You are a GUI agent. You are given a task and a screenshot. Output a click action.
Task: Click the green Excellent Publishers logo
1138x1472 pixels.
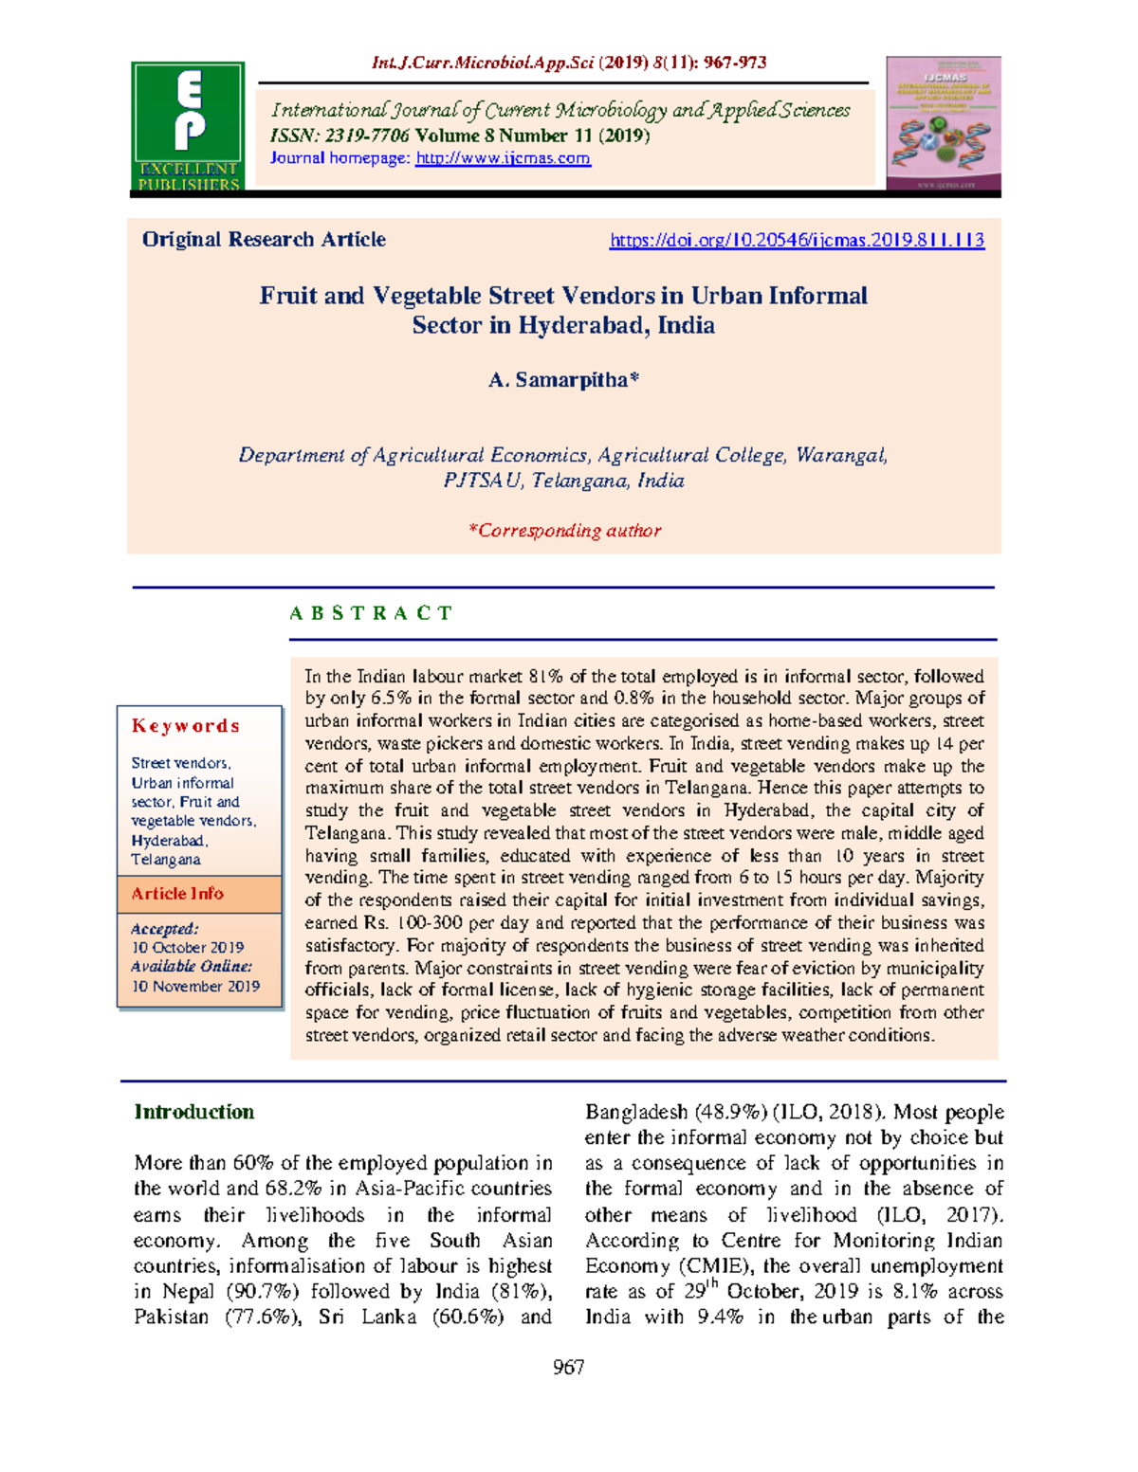[188, 125]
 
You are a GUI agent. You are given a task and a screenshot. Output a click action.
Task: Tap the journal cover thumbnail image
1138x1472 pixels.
[944, 123]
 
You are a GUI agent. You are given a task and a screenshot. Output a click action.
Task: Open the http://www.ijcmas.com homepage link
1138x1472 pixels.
[503, 158]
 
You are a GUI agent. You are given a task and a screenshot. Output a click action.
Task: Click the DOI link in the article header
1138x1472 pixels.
[797, 241]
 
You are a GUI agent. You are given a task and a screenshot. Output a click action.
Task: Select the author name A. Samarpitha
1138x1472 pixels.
[563, 380]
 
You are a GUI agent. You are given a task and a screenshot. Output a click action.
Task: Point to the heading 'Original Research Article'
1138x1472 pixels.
[264, 240]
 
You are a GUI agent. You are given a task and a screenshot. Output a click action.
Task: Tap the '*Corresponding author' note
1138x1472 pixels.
[564, 531]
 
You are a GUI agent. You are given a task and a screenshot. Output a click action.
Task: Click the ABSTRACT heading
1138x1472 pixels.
[371, 613]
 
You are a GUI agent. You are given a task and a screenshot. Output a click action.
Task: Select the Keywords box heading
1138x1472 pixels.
[186, 726]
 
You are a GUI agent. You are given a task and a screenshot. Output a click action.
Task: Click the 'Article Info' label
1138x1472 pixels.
[177, 894]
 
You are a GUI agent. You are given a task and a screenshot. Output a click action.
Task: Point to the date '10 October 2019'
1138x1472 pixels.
[188, 948]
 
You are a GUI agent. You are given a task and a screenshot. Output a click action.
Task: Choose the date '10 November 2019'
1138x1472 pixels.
[195, 987]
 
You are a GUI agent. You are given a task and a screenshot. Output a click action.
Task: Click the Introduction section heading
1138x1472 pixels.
[194, 1112]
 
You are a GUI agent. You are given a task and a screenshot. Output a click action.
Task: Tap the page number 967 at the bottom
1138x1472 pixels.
[568, 1367]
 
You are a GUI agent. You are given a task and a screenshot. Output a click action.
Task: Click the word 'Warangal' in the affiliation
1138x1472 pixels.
[840, 456]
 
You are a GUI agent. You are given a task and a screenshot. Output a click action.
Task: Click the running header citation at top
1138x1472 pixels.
[569, 64]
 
